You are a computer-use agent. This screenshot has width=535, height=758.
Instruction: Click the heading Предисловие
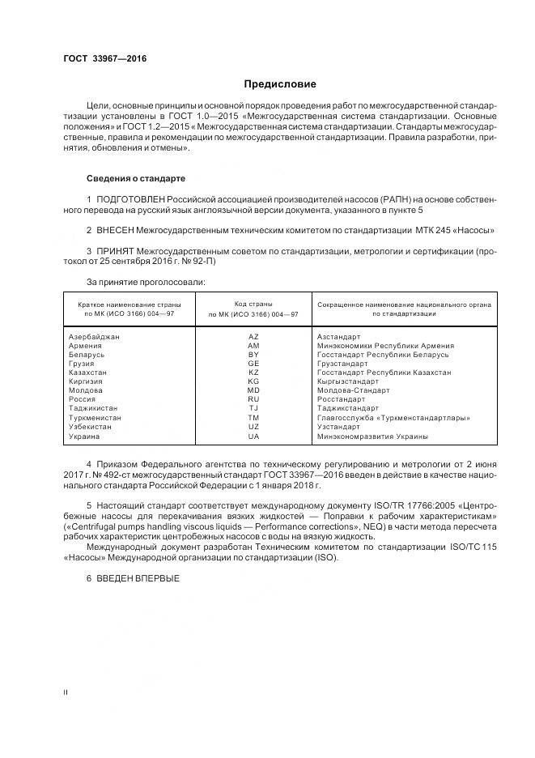coord(280,84)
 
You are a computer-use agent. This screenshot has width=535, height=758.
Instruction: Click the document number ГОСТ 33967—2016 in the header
coord(100,59)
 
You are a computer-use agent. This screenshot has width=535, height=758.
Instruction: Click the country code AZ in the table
coord(253,336)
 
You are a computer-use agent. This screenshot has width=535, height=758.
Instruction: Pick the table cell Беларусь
coord(87,355)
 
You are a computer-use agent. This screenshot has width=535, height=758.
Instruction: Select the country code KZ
coord(253,373)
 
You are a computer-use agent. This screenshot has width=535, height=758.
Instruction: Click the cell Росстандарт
coord(341,399)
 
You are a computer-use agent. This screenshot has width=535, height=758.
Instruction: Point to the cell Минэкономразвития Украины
coord(373,436)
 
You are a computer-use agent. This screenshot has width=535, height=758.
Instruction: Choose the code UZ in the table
coord(253,427)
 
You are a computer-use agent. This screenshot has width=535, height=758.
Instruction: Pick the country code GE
coord(253,364)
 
